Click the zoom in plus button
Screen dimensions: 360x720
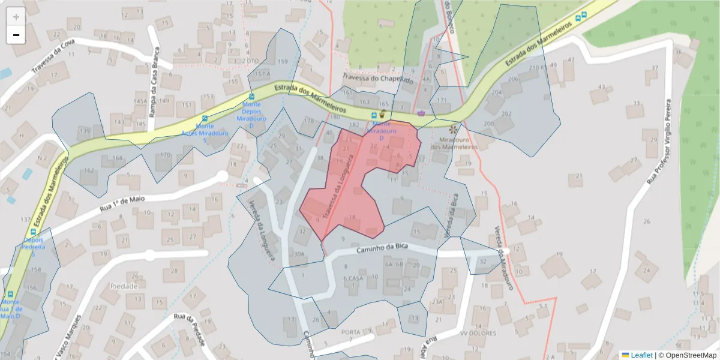(x=16, y=17)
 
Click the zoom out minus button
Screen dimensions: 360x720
(x=16, y=35)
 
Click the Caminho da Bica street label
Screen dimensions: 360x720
(x=382, y=250)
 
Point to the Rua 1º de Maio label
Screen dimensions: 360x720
(x=124, y=206)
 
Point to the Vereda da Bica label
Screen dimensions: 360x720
(x=451, y=214)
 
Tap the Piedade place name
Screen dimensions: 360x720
(x=124, y=286)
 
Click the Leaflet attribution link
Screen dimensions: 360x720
(x=641, y=355)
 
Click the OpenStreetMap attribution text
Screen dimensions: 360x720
(x=690, y=355)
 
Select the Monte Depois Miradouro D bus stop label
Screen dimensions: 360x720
(x=251, y=115)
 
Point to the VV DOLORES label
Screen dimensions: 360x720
(x=478, y=333)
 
